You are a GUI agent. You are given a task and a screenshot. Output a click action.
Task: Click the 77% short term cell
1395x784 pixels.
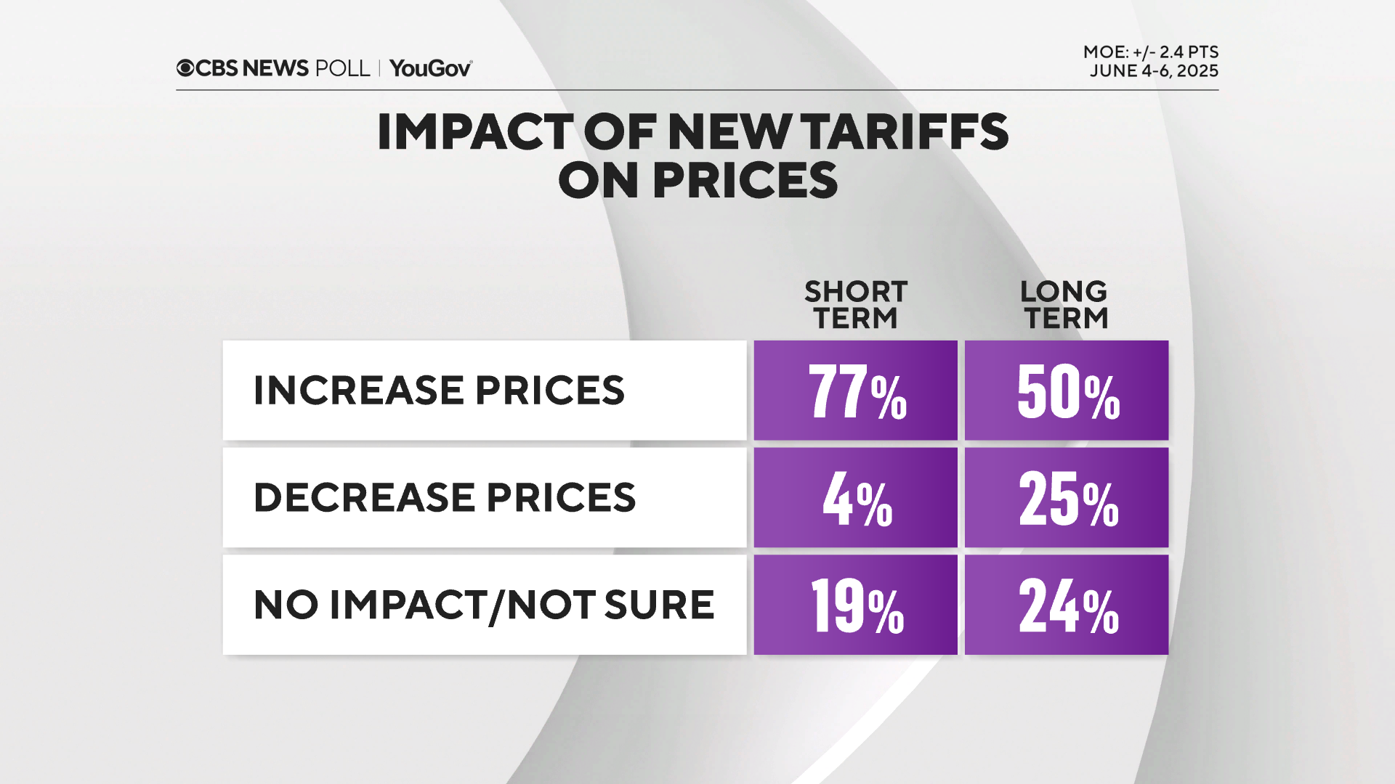point(856,391)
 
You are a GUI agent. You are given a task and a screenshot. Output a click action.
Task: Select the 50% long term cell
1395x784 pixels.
point(1067,391)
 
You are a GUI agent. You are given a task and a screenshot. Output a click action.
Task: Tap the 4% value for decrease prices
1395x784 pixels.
point(856,498)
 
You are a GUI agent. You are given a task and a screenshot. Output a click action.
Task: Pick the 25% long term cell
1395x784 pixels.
point(1067,498)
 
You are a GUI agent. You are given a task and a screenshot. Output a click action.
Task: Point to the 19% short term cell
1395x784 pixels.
point(856,605)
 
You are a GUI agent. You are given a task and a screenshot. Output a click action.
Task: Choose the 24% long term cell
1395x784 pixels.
point(1067,605)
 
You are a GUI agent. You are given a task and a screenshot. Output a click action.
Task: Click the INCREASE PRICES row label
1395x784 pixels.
point(439,391)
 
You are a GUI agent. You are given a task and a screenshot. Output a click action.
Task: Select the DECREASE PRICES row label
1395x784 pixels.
point(445,498)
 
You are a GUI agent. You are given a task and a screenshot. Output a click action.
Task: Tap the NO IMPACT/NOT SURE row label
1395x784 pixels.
point(484,605)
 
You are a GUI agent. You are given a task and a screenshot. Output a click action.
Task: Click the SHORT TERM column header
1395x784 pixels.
point(856,305)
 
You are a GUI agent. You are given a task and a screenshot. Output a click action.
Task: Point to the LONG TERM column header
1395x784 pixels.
point(1064,305)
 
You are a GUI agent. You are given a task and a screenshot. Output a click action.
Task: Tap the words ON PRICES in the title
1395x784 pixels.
point(697,181)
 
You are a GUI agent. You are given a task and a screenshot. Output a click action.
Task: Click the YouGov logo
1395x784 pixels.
point(430,68)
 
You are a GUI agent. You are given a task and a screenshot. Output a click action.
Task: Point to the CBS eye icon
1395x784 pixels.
point(185,68)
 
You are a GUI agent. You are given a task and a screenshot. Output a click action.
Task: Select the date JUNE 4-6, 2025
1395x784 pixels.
point(1154,71)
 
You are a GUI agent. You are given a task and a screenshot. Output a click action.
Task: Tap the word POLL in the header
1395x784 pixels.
point(342,68)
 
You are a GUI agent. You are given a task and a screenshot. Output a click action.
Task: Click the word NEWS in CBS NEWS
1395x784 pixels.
point(275,68)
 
